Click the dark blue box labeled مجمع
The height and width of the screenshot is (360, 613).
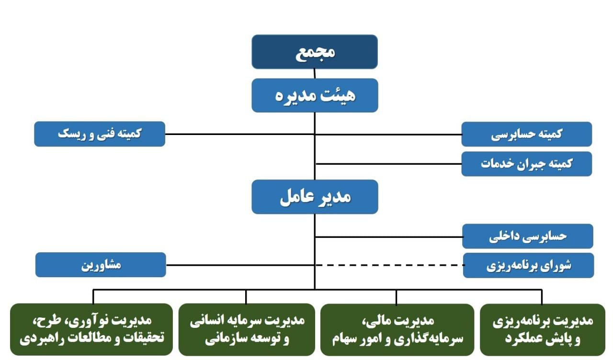click(315, 52)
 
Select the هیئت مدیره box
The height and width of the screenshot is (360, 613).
click(315, 95)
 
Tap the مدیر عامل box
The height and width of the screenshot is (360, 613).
click(315, 197)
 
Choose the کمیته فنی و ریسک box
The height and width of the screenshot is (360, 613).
click(100, 134)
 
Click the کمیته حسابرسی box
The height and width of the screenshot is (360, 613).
click(526, 134)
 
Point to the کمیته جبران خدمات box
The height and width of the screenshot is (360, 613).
click(526, 164)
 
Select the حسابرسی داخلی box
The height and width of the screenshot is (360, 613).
click(527, 236)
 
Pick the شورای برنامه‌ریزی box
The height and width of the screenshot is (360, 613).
click(528, 265)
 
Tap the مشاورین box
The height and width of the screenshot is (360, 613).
click(101, 265)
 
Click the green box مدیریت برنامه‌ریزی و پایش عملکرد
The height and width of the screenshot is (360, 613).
click(542, 330)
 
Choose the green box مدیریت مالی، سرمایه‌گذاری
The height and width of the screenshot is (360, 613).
click(397, 330)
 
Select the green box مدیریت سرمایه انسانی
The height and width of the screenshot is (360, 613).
click(246, 330)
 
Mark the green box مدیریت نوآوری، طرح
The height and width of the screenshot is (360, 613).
click(91, 330)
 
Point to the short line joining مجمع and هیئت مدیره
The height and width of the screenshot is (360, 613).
click(315, 73)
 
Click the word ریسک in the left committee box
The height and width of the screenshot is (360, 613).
click(70, 134)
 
